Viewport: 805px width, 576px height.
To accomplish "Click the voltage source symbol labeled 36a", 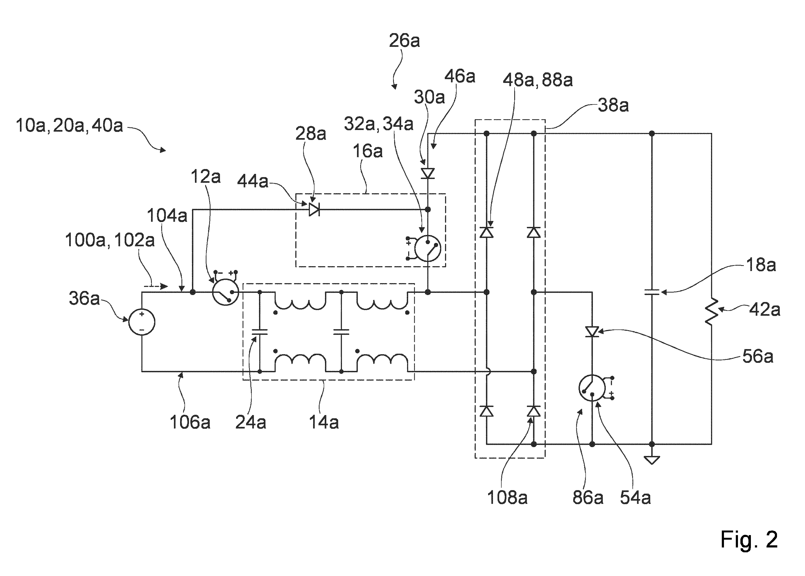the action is [x=142, y=322].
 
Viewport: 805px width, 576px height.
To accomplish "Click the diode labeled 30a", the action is [x=428, y=173].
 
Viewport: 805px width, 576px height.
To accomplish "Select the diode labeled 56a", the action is [x=592, y=332].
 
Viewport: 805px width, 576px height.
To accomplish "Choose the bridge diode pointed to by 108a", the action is [x=534, y=411].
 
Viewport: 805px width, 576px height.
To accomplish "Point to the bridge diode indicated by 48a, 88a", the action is [x=486, y=232].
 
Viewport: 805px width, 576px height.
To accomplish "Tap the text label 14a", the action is [x=324, y=422].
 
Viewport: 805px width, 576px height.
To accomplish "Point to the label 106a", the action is [x=190, y=422].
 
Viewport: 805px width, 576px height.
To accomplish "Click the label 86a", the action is [x=588, y=498].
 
